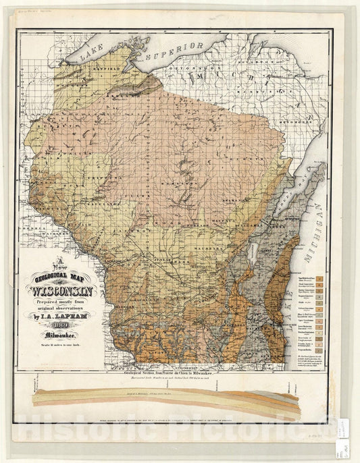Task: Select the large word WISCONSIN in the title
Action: (x=61, y=292)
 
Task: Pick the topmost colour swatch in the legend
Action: (x=326, y=278)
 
